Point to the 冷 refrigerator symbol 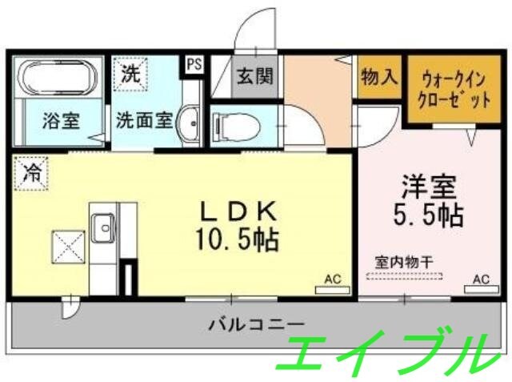[30, 171]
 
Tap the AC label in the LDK [332, 279]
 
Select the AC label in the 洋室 [480, 279]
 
